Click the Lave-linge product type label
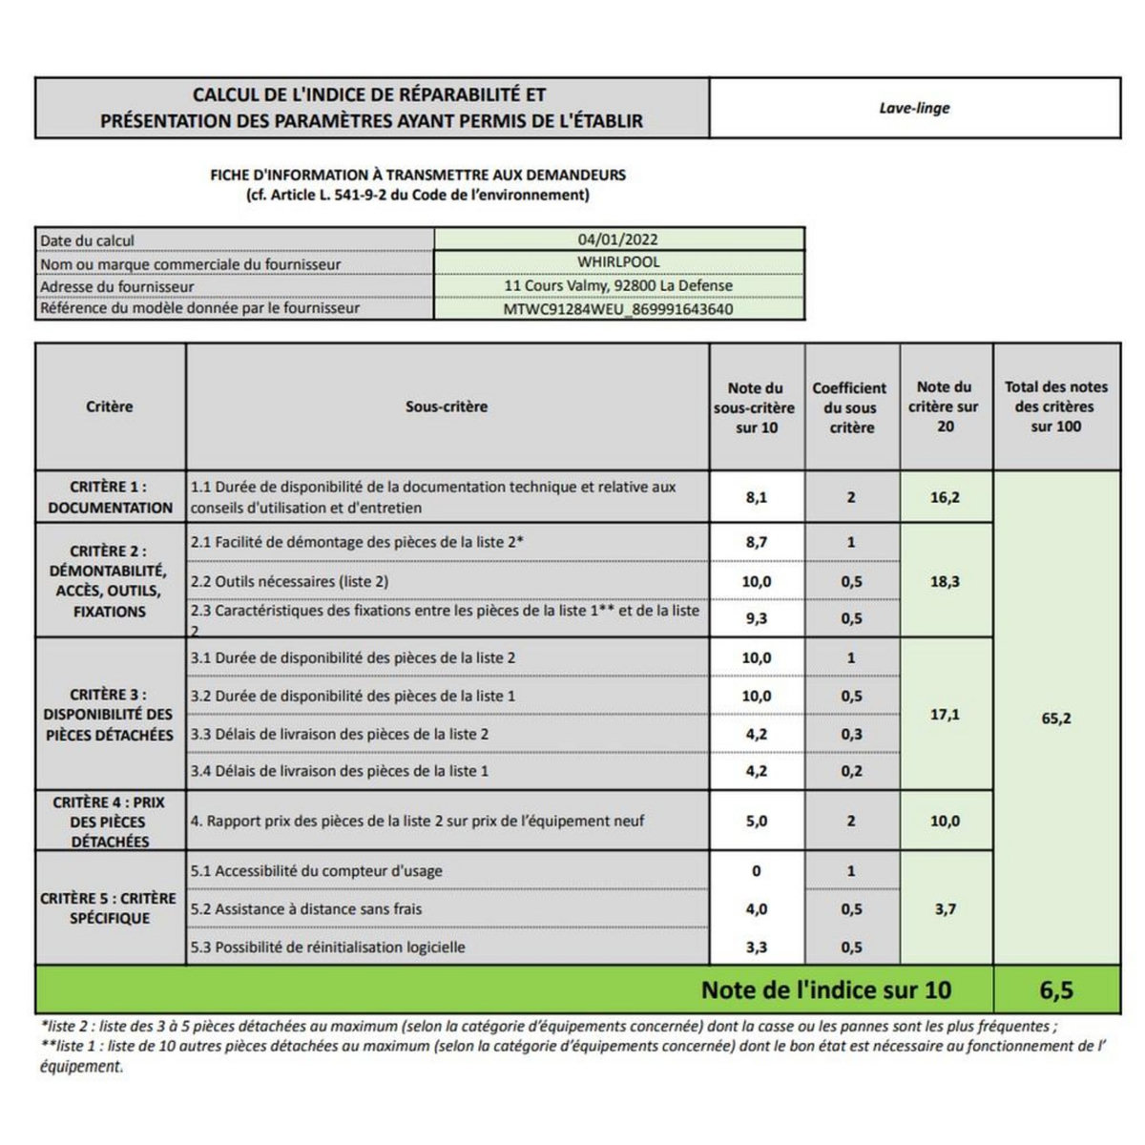tap(914, 108)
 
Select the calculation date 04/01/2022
tap(618, 239)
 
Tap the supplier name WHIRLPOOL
tap(618, 261)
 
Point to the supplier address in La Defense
tap(618, 285)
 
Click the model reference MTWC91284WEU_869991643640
tap(618, 308)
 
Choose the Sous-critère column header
tap(447, 406)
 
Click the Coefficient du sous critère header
tap(850, 407)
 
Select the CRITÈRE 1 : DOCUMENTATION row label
tap(110, 497)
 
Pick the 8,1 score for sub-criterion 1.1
tap(756, 497)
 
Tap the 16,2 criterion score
tap(945, 497)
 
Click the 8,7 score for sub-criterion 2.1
tap(756, 542)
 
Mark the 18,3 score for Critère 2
tap(945, 580)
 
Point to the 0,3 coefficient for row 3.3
tap(851, 734)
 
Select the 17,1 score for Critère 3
tap(945, 714)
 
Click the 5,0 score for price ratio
tap(756, 821)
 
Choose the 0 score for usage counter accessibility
tap(756, 871)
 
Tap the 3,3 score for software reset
tap(756, 947)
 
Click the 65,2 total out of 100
tap(1055, 718)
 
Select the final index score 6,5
tap(1056, 990)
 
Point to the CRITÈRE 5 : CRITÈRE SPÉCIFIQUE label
tap(109, 908)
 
